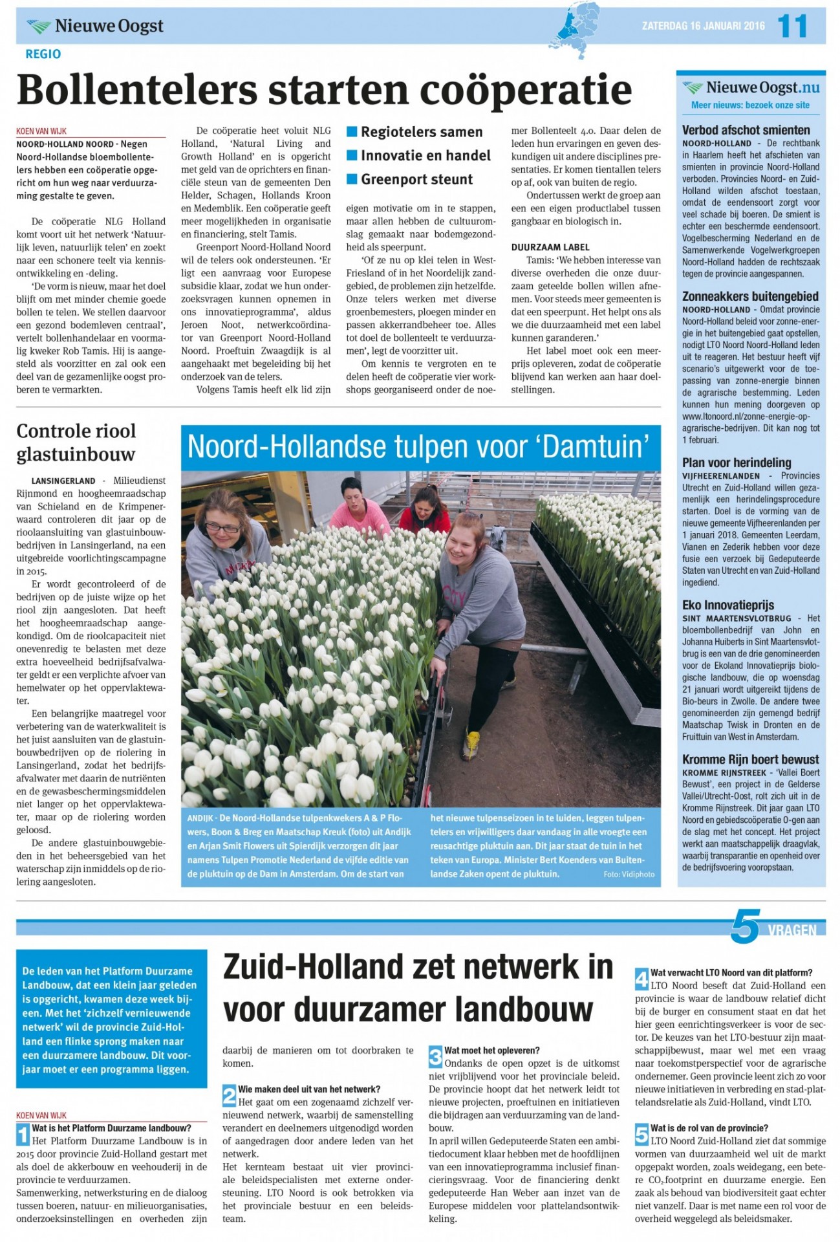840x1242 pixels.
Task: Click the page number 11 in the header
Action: (x=792, y=26)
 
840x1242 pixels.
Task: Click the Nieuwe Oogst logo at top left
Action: (x=95, y=26)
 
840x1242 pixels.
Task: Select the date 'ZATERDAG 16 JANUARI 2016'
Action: (x=703, y=26)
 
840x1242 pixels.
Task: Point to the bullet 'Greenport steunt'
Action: (x=416, y=179)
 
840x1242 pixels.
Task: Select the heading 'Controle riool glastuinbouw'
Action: (x=76, y=442)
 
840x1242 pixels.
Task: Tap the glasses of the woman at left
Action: (x=222, y=528)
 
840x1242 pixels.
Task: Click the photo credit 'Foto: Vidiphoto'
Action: (x=629, y=874)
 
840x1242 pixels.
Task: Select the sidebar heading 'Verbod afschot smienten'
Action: (x=746, y=129)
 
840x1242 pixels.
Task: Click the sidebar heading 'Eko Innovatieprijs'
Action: (x=727, y=605)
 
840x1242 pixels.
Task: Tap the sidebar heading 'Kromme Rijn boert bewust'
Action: (x=750, y=759)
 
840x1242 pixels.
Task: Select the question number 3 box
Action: (x=436, y=1058)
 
